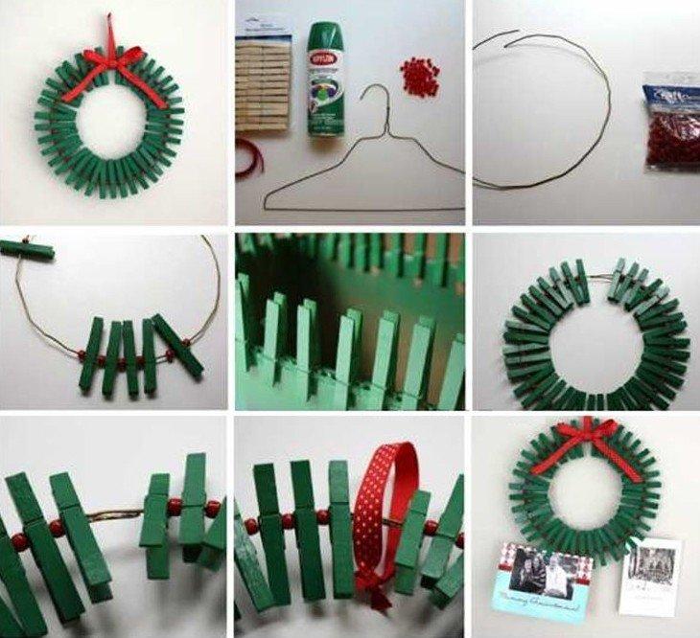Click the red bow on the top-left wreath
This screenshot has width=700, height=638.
coord(112,64)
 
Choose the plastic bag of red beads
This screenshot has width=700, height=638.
coord(670,121)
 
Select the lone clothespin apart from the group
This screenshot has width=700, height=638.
coord(27,251)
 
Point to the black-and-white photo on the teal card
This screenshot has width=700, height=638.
coord(536,572)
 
